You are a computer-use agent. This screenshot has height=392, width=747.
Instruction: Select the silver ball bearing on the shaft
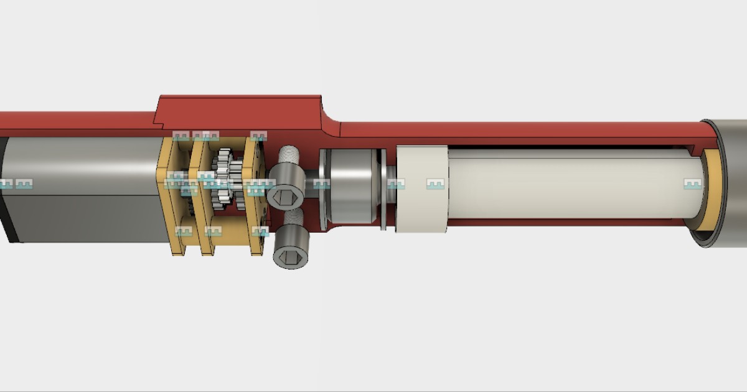click(x=351, y=187)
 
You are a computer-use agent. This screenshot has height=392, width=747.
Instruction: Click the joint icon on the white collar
click(x=436, y=184)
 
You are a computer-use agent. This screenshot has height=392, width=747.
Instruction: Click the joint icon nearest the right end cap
click(x=693, y=184)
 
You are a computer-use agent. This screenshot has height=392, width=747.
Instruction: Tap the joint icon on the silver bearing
click(x=321, y=184)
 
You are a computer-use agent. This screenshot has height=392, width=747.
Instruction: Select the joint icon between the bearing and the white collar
click(x=396, y=184)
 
